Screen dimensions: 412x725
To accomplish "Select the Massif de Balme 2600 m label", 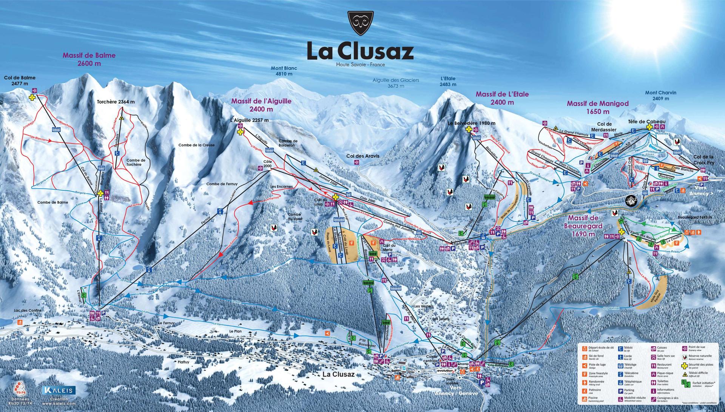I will click(x=89, y=59).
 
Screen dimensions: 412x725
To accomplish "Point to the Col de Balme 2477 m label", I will click(x=20, y=80).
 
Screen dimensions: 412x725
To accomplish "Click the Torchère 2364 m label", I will click(x=116, y=102).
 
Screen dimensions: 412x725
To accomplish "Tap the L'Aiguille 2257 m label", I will click(x=249, y=120).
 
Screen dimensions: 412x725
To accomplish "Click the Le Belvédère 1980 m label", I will click(x=471, y=123).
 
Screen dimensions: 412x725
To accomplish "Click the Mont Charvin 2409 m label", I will click(x=660, y=95).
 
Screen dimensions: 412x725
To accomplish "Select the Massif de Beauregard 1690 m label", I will click(x=583, y=226).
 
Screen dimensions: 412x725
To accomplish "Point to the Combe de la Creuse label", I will click(x=196, y=145).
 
